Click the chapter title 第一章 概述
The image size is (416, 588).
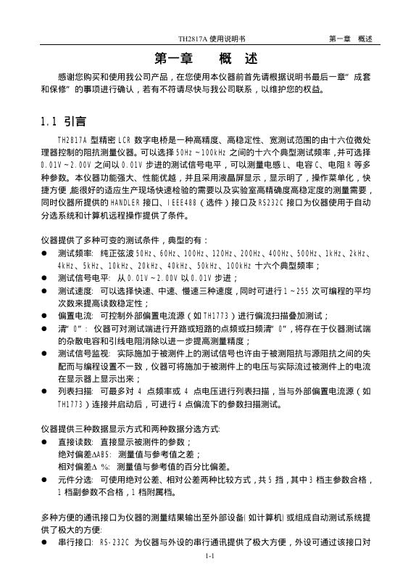[207, 59]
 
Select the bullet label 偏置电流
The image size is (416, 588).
[75, 316]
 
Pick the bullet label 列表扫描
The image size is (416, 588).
[75, 391]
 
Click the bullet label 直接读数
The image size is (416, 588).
[75, 441]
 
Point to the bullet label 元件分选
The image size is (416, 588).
[75, 481]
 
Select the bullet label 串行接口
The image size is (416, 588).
[75, 542]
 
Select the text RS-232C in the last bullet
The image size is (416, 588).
[119, 542]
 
